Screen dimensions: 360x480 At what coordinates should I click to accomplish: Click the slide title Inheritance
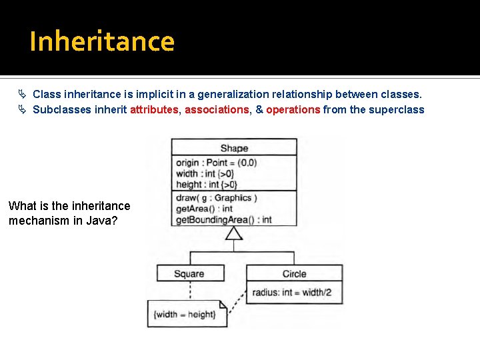coord(102,41)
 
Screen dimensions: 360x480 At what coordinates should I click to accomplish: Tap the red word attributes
coord(154,110)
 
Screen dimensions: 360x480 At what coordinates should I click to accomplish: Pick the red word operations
coord(293,110)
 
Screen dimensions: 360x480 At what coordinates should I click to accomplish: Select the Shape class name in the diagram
coord(234,148)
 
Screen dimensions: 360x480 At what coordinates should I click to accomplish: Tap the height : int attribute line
coord(206,185)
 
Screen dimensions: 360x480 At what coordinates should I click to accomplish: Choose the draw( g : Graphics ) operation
coord(216,198)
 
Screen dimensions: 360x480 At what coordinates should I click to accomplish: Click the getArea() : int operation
coord(204,209)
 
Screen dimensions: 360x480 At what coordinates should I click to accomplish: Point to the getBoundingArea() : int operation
coord(223,220)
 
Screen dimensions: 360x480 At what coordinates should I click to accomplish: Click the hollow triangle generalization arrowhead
coord(233,233)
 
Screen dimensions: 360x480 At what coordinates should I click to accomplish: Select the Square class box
coord(189,273)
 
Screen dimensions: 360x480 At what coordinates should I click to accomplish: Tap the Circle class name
coord(294,273)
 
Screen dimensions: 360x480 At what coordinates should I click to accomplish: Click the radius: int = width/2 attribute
coord(291,293)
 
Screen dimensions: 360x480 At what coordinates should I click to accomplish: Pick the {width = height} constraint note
coord(185,314)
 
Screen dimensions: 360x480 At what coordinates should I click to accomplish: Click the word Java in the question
coord(103,220)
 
